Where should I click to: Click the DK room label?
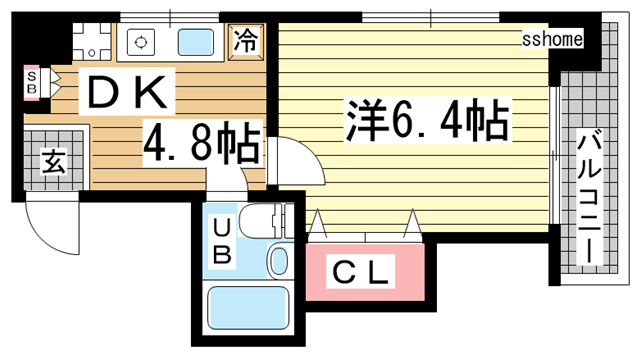127,92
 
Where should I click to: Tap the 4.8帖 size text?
201,143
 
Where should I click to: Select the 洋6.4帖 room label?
428,119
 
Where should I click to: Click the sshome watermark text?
552,40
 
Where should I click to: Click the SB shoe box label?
31,82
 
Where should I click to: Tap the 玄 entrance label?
54,161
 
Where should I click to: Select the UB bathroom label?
222,241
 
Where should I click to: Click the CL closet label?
360,271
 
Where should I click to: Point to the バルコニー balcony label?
589,197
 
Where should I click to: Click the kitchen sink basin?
196,42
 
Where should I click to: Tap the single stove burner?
141,42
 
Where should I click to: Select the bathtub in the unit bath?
248,307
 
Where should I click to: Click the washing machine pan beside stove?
92,42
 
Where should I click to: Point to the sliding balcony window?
554,155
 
